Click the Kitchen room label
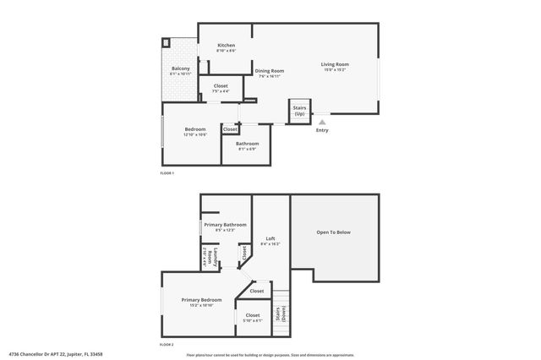[x=226, y=45]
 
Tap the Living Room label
[x=334, y=64]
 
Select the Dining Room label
[x=270, y=71]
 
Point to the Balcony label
[x=181, y=68]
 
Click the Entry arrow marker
[x=321, y=122]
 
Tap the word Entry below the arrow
[x=321, y=130]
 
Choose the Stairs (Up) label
[x=299, y=111]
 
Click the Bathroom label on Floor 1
[x=247, y=144]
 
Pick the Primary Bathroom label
[x=225, y=225]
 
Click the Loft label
[x=270, y=239]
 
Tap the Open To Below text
[x=333, y=232]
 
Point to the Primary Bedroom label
[x=200, y=300]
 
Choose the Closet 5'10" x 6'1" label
[x=253, y=316]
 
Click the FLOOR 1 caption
[x=167, y=173]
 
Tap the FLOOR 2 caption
[x=167, y=346]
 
